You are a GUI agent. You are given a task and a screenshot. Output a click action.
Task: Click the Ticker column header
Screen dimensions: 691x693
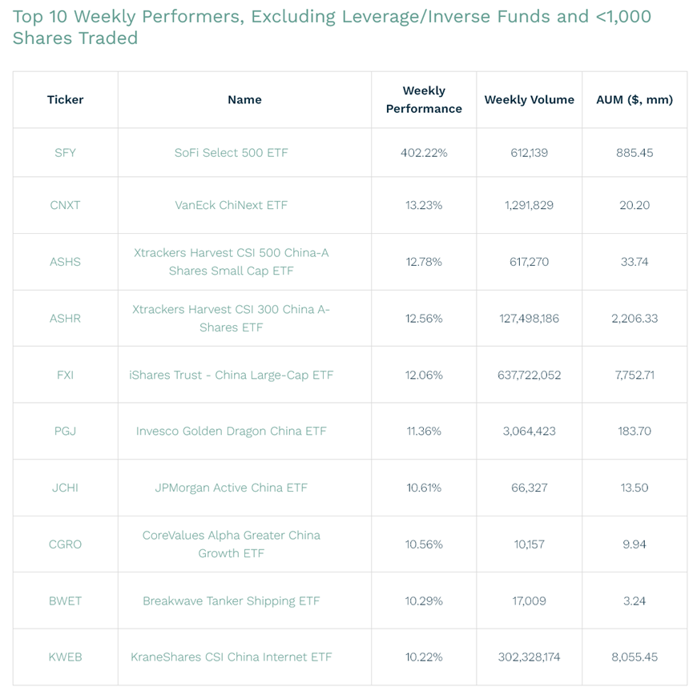(x=65, y=100)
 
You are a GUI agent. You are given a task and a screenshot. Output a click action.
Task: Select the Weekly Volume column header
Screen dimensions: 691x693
(x=529, y=100)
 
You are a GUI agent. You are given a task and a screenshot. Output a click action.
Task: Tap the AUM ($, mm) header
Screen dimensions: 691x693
(x=635, y=100)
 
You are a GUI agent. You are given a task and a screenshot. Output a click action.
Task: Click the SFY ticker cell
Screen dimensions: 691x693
(x=65, y=152)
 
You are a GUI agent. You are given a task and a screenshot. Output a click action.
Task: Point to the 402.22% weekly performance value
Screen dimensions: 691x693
(x=424, y=152)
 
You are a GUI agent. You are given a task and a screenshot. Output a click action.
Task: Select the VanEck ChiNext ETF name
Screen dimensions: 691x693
(x=231, y=205)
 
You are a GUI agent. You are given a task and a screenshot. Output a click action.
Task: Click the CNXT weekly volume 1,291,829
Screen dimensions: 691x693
(x=529, y=205)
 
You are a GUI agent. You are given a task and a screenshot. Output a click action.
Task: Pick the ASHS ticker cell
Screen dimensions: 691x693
(x=65, y=262)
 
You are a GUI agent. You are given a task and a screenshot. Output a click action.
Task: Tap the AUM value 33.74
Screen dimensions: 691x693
(x=635, y=262)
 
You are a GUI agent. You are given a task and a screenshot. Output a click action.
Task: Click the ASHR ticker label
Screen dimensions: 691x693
(x=65, y=318)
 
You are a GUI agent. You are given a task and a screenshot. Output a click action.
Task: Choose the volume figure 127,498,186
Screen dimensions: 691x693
(x=529, y=318)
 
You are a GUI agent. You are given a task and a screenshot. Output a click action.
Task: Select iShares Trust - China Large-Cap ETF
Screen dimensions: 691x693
(x=231, y=375)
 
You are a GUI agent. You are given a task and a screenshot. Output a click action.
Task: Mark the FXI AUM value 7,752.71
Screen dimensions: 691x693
(x=635, y=375)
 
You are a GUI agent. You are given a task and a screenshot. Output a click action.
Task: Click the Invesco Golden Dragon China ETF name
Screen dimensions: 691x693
(x=231, y=431)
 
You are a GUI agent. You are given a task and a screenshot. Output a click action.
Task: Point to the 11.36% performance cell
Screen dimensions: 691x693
(x=424, y=431)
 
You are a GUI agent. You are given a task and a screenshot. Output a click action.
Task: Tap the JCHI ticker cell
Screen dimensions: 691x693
(x=65, y=488)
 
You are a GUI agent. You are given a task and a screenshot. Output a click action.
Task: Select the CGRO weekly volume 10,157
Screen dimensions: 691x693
(x=529, y=544)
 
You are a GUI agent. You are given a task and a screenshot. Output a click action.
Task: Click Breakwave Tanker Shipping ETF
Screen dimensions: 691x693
(x=231, y=601)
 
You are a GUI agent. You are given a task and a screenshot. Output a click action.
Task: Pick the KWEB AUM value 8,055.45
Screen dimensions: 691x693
(x=635, y=657)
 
